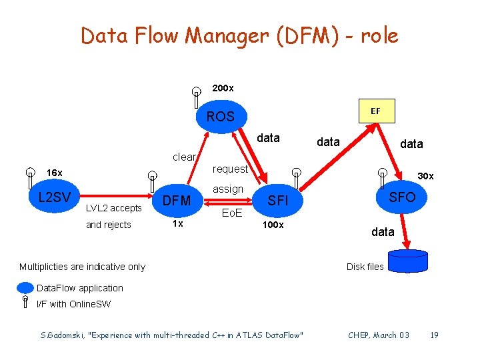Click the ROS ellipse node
pyautogui.click(x=220, y=116)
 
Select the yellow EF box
pyautogui.click(x=375, y=111)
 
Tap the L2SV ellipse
pyautogui.click(x=55, y=197)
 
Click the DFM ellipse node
pyautogui.click(x=177, y=200)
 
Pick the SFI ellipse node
pyautogui.click(x=277, y=200)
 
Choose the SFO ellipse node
pyautogui.click(x=402, y=196)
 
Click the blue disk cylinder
pyautogui.click(x=407, y=261)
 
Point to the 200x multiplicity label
pyautogui.click(x=222, y=88)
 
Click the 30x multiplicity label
pyautogui.click(x=425, y=176)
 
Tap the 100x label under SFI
pyautogui.click(x=273, y=225)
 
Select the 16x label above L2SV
pyautogui.click(x=55, y=173)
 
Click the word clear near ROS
pyautogui.click(x=184, y=157)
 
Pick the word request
pyautogui.click(x=230, y=169)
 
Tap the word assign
pyautogui.click(x=228, y=189)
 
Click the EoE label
pyautogui.click(x=231, y=214)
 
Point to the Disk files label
pyautogui.click(x=365, y=267)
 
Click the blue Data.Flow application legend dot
pyautogui.click(x=25, y=288)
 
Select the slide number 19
pyautogui.click(x=434, y=335)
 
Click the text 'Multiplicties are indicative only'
pyautogui.click(x=82, y=267)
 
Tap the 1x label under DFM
pyautogui.click(x=177, y=224)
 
